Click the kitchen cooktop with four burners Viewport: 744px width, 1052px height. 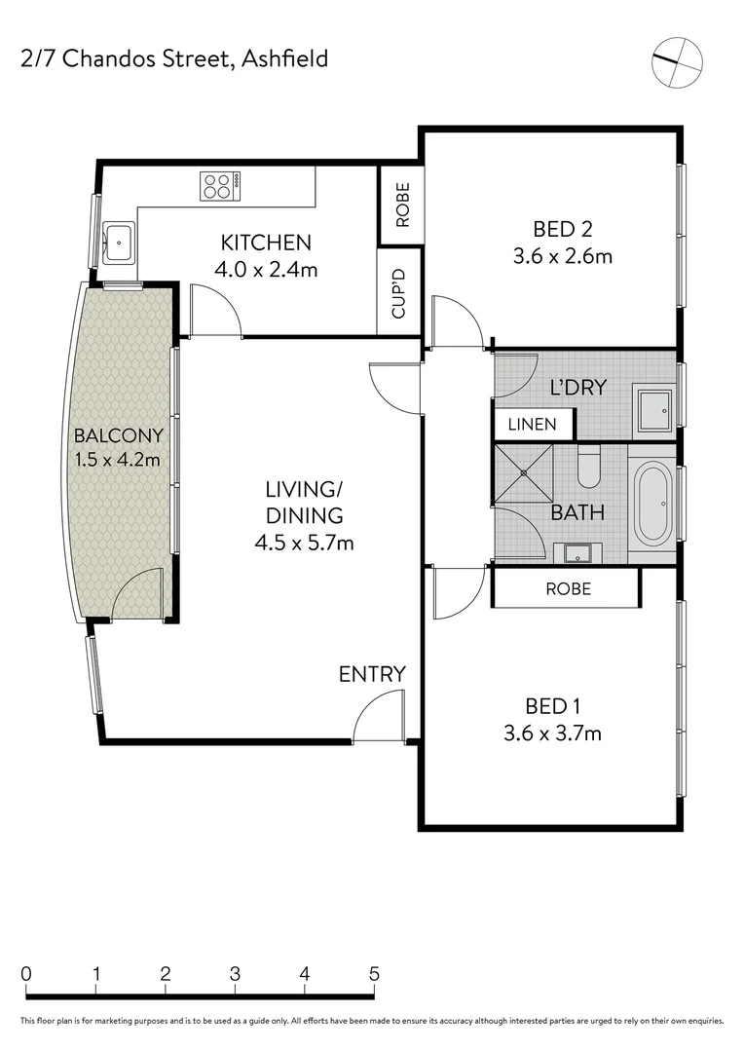pos(220,186)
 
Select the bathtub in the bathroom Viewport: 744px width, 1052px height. pos(652,505)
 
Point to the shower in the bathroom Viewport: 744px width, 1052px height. pos(523,473)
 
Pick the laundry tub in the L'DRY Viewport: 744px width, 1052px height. pos(652,407)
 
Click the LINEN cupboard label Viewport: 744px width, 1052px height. pos(532,424)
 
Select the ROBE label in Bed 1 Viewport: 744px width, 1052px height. pos(568,589)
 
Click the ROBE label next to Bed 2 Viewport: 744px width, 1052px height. pos(402,206)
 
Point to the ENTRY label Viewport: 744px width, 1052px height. pos(372,674)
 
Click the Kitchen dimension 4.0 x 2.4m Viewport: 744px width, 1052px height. pos(266,270)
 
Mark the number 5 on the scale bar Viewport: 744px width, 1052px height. pos(374,973)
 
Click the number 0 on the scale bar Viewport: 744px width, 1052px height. pos(26,973)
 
